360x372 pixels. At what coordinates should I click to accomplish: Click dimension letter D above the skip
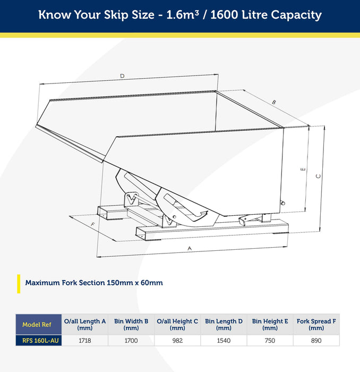pyautogui.click(x=122, y=76)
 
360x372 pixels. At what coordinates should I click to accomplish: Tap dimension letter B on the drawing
pyautogui.click(x=274, y=102)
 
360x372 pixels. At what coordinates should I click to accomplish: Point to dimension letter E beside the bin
pyautogui.click(x=303, y=170)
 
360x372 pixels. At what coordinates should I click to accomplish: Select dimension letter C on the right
pyautogui.click(x=318, y=176)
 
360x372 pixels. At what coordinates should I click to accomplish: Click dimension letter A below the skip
pyautogui.click(x=190, y=248)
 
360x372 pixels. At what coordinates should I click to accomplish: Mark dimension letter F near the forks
pyautogui.click(x=93, y=224)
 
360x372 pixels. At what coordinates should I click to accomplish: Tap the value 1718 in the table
pyautogui.click(x=84, y=341)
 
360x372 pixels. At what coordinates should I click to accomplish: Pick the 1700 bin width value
pyautogui.click(x=131, y=341)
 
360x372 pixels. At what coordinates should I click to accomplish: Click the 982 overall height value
pyautogui.click(x=177, y=341)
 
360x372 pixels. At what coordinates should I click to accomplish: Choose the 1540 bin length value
pyautogui.click(x=224, y=341)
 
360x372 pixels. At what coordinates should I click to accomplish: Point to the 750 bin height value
pyautogui.click(x=270, y=341)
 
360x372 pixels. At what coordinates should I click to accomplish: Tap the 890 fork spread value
pyautogui.click(x=316, y=341)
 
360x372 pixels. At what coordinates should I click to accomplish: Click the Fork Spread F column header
pyautogui.click(x=316, y=324)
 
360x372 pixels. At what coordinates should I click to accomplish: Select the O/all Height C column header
pyautogui.click(x=177, y=324)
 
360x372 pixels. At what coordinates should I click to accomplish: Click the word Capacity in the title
pyautogui.click(x=296, y=15)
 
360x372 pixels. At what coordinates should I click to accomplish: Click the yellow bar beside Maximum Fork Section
pyautogui.click(x=19, y=284)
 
